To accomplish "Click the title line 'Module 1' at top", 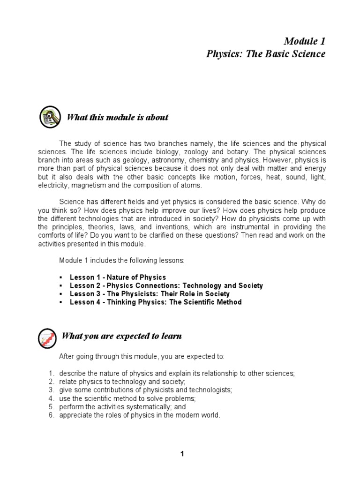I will click(305, 41).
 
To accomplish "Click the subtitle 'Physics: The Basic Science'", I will click(266, 54).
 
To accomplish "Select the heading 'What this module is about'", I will click(118, 117).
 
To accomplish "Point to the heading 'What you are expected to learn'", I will click(122, 336).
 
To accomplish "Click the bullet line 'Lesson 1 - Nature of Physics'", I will click(118, 277).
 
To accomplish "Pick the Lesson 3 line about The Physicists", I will click(150, 294).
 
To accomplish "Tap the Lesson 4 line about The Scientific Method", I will click(156, 302).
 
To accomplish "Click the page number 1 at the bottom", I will click(182, 454).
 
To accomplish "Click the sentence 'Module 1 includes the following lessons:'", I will click(122, 260).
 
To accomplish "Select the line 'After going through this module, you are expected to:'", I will click(142, 357).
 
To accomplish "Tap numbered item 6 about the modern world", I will click(139, 415).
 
